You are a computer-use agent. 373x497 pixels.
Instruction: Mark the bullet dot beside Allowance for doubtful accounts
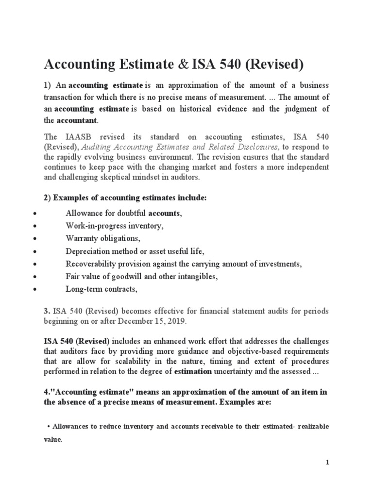[x=32, y=214]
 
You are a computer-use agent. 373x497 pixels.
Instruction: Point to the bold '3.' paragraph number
[x=48, y=310]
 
